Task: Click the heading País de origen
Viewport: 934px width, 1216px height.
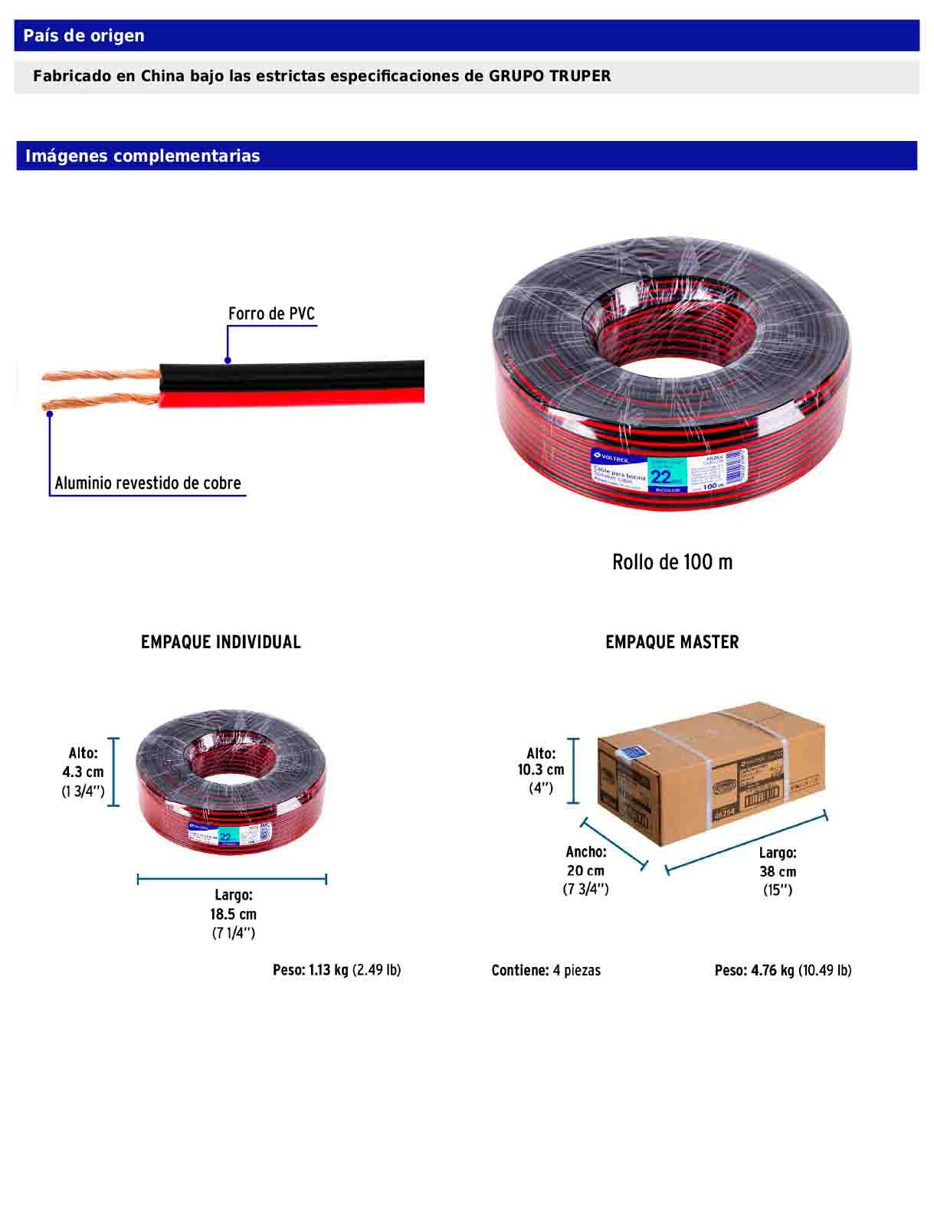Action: (x=84, y=36)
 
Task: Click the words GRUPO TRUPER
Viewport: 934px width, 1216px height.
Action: (x=549, y=76)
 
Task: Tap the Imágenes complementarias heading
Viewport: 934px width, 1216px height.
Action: (x=143, y=156)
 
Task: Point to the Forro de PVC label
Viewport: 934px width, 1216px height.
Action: (x=271, y=313)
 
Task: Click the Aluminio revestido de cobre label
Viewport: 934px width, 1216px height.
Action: (x=148, y=483)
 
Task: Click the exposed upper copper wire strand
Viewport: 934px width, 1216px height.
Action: (x=100, y=375)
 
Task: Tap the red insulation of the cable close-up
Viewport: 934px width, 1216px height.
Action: (x=291, y=395)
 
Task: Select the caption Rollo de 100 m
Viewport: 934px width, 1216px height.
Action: (x=672, y=562)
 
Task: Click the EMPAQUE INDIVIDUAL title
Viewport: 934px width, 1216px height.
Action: (x=221, y=642)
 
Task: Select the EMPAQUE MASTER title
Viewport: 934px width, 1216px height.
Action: (x=672, y=642)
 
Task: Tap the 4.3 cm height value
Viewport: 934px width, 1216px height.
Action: (x=83, y=772)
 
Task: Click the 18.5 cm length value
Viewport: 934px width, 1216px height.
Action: (x=233, y=914)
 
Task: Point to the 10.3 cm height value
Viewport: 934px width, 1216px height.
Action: (x=540, y=770)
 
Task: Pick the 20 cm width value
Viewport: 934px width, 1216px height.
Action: (x=585, y=871)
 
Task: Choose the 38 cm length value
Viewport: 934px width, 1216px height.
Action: (x=778, y=872)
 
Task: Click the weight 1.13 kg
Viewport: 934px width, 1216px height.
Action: (x=328, y=970)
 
